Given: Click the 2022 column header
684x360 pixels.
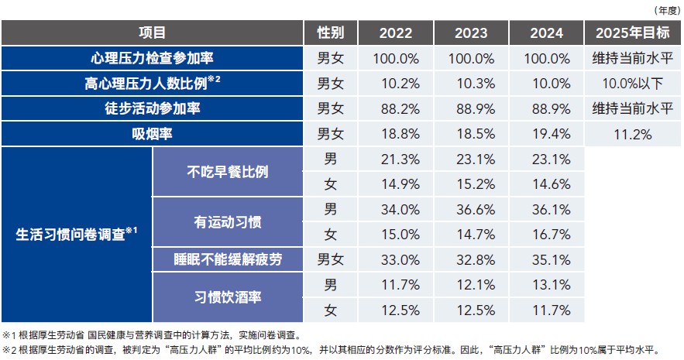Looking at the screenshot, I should (395, 33).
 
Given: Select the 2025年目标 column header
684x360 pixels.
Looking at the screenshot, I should (633, 33).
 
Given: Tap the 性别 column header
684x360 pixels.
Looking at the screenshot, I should (332, 33).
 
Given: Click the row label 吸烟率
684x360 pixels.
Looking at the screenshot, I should (152, 133).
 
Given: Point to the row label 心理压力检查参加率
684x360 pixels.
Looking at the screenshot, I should (152, 58).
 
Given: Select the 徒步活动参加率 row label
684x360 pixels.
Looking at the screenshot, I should (152, 108).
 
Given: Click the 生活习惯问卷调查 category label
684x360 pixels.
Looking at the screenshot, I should (77, 235).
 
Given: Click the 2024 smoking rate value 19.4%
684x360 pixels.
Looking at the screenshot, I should (550, 133).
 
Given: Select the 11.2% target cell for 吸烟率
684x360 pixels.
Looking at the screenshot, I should (633, 133).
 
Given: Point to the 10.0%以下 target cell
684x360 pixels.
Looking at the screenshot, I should (633, 83).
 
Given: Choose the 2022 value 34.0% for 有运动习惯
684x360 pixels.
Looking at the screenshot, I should (395, 209).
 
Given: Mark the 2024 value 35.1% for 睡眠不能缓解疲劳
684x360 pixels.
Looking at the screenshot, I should (550, 259).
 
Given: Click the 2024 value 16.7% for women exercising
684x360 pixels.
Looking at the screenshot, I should (550, 234).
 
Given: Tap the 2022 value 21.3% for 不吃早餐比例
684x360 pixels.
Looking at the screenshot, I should (395, 159).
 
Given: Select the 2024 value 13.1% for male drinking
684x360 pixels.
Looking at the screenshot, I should (550, 284).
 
